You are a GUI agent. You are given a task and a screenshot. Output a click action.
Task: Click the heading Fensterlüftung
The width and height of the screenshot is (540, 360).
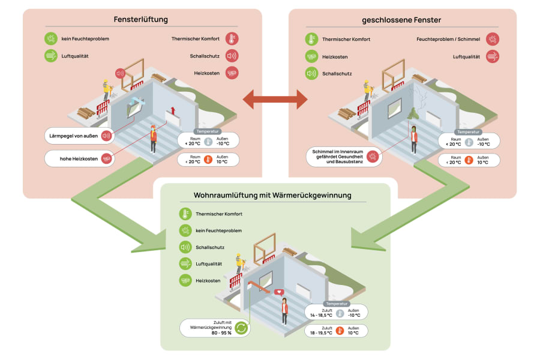pyautogui.click(x=141, y=20)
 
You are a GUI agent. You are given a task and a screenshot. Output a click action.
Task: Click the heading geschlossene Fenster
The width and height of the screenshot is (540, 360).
pyautogui.click(x=401, y=20)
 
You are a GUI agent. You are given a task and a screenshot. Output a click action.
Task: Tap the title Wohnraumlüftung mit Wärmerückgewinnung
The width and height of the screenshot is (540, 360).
pyautogui.click(x=272, y=196)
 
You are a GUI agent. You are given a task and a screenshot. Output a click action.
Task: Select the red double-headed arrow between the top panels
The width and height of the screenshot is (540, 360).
pyautogui.click(x=275, y=100)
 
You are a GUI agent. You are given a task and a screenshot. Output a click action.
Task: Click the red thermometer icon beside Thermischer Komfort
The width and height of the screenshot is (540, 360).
pyautogui.click(x=232, y=38)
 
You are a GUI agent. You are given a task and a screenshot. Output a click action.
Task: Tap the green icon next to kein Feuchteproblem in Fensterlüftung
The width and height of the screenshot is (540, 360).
pyautogui.click(x=51, y=38)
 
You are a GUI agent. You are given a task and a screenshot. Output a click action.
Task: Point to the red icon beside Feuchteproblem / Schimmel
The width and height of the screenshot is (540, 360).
pyautogui.click(x=493, y=39)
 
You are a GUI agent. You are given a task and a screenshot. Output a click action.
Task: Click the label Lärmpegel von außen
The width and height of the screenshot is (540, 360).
pyautogui.click(x=73, y=136)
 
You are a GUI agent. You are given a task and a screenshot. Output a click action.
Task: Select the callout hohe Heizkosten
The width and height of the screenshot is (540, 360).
pyautogui.click(x=80, y=159)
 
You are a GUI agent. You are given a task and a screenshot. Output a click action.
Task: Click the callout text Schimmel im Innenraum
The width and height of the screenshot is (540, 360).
pyautogui.click(x=337, y=152)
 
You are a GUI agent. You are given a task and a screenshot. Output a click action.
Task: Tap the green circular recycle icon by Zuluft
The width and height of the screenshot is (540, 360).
pyautogui.click(x=241, y=328)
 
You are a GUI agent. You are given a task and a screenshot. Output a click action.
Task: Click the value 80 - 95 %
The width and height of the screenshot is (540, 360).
pyautogui.click(x=221, y=333)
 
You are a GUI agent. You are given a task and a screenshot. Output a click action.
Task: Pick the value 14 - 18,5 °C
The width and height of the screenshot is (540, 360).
pyautogui.click(x=321, y=315)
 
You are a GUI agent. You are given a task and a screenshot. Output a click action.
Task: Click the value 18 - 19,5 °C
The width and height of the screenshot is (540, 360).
pyautogui.click(x=321, y=333)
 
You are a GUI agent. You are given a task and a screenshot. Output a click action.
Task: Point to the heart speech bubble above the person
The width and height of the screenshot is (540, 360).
pyautogui.click(x=279, y=292)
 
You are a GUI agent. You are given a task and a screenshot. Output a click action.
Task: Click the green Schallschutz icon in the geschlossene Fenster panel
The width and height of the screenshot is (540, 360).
pyautogui.click(x=311, y=73)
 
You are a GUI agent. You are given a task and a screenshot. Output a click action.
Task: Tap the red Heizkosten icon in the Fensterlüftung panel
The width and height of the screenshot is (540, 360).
pyautogui.click(x=232, y=73)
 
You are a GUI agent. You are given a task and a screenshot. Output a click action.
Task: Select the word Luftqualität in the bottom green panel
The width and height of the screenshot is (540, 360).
pyautogui.click(x=209, y=264)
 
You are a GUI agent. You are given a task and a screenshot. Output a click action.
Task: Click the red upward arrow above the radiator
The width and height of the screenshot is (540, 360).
pyautogui.click(x=173, y=110)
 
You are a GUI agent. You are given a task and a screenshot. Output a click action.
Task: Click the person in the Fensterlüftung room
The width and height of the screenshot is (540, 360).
pyautogui.click(x=153, y=139)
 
